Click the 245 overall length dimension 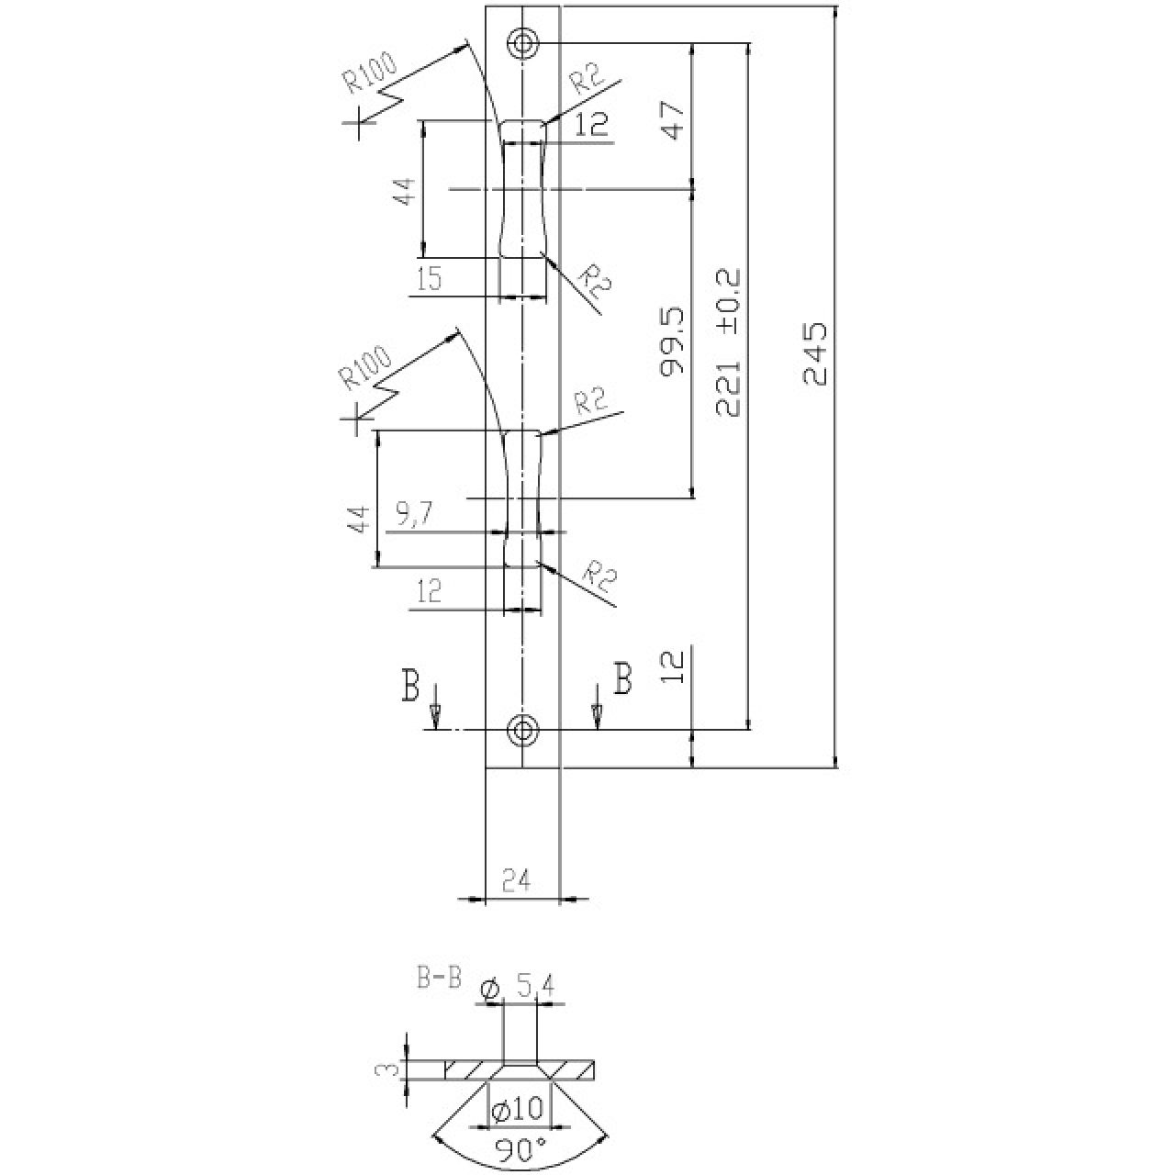click(815, 353)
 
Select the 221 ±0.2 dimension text click(728, 342)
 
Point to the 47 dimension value click(675, 120)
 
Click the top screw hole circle click(522, 44)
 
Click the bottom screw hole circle click(522, 729)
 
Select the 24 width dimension click(517, 881)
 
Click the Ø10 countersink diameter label click(517, 1109)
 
